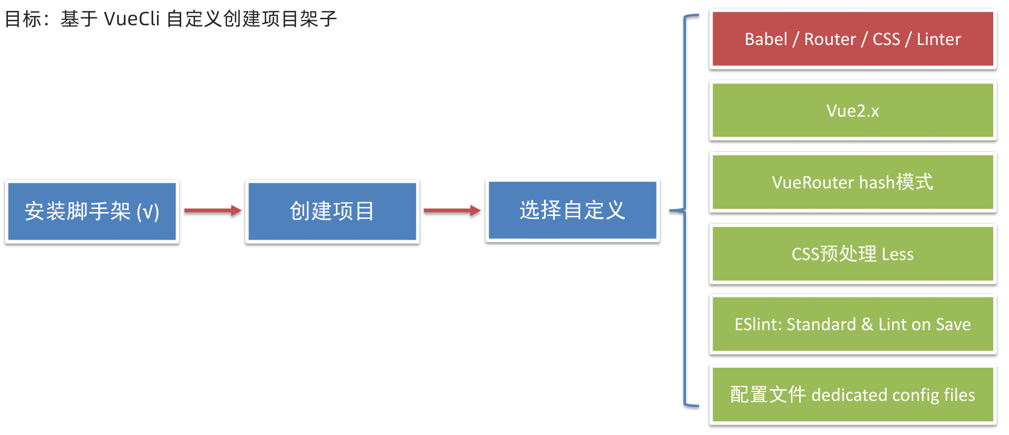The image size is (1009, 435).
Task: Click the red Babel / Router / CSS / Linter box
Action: pyautogui.click(x=853, y=39)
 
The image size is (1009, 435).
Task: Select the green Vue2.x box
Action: pyautogui.click(x=853, y=110)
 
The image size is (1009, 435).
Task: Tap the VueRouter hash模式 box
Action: pyautogui.click(x=853, y=182)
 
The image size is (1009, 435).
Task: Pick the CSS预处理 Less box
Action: pyautogui.click(x=853, y=254)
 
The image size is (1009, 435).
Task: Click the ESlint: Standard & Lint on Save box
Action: pyautogui.click(x=853, y=324)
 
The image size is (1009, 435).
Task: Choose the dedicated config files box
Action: pyautogui.click(x=853, y=394)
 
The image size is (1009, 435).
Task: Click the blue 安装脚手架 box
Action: pyautogui.click(x=92, y=211)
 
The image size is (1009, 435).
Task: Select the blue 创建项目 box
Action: pyautogui.click(x=332, y=211)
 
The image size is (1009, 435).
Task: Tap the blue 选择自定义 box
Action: pyautogui.click(x=573, y=210)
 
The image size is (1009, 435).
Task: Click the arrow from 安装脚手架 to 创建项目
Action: pyautogui.click(x=212, y=211)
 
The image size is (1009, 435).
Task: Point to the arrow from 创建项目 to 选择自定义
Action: pyautogui.click(x=452, y=211)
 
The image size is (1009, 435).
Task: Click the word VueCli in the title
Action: pyautogui.click(x=132, y=19)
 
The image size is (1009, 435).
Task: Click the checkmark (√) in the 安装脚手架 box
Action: pyautogui.click(x=148, y=212)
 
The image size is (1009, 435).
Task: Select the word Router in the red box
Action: pyautogui.click(x=830, y=39)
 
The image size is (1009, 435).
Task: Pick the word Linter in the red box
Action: pyautogui.click(x=938, y=39)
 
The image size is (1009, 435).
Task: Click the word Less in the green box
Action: pyautogui.click(x=897, y=254)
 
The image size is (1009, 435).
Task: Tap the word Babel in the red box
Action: pyautogui.click(x=766, y=39)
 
